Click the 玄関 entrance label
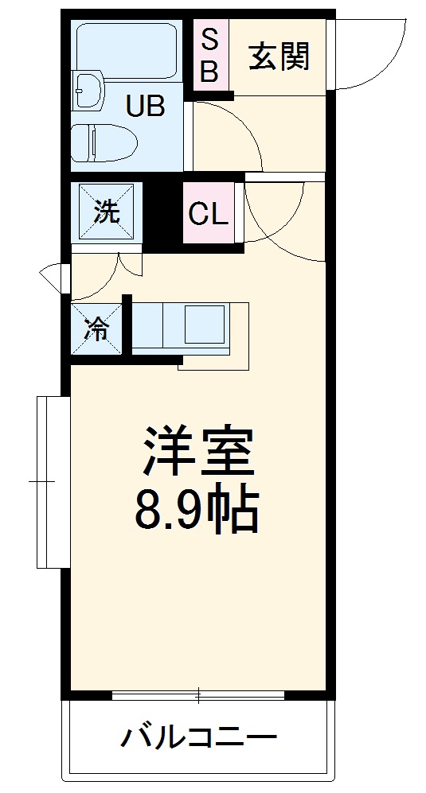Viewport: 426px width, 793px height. tap(279, 56)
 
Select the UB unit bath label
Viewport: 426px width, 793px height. tap(144, 105)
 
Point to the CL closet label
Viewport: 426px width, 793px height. tap(208, 213)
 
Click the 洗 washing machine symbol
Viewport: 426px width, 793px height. tap(107, 212)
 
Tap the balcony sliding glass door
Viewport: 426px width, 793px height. tap(198, 695)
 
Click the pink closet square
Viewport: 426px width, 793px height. tap(208, 213)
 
